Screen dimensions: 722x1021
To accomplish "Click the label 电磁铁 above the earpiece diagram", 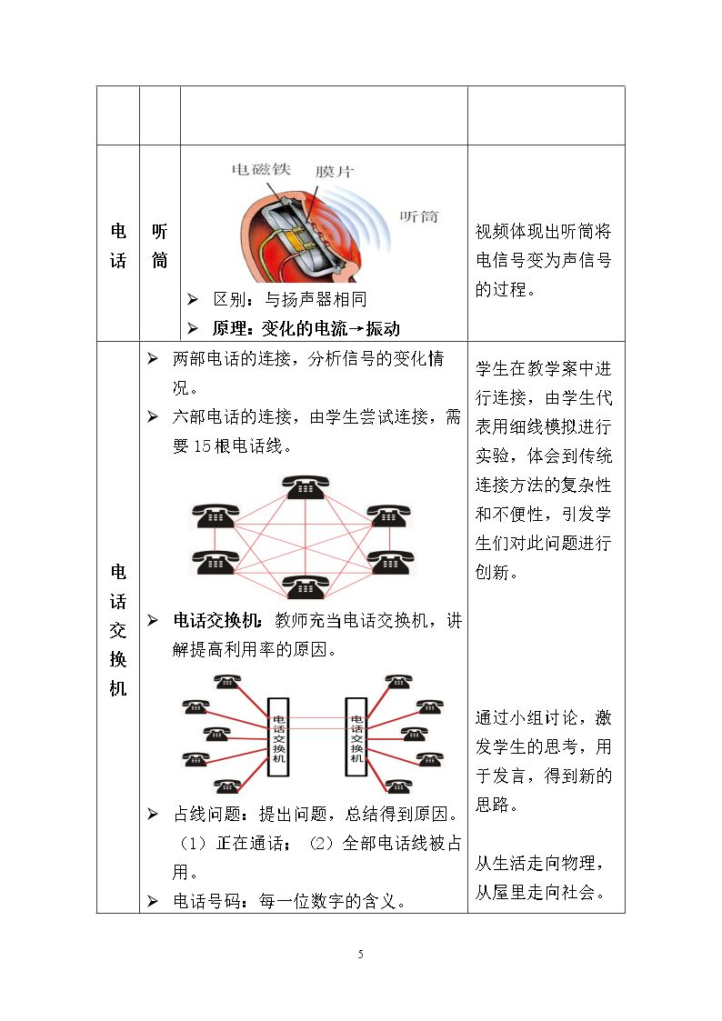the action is [261, 169].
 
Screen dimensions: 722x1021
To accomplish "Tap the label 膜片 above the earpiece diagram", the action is [335, 171].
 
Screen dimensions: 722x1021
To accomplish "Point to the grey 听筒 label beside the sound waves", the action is [418, 216].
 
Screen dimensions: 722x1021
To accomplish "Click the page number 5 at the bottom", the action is [361, 955].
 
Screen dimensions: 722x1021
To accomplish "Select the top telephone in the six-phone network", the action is [305, 487].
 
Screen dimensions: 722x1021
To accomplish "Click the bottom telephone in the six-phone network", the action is [304, 586].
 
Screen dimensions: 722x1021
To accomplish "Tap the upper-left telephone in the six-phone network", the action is [215, 516].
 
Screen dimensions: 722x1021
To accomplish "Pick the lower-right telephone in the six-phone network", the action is [390, 563].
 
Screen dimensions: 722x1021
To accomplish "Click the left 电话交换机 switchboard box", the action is [278, 737].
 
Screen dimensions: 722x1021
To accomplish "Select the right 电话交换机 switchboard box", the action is [356, 737].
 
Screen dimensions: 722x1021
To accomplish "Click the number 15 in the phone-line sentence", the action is [203, 446].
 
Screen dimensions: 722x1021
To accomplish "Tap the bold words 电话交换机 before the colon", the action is [216, 621].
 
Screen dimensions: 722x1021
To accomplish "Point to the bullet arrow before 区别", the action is [193, 299].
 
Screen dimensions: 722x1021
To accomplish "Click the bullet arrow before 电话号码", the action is [153, 901].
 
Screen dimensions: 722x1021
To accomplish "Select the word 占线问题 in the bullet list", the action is [207, 814].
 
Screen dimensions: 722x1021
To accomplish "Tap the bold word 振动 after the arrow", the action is [383, 329].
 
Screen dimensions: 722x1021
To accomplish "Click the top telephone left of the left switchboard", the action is [227, 682].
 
